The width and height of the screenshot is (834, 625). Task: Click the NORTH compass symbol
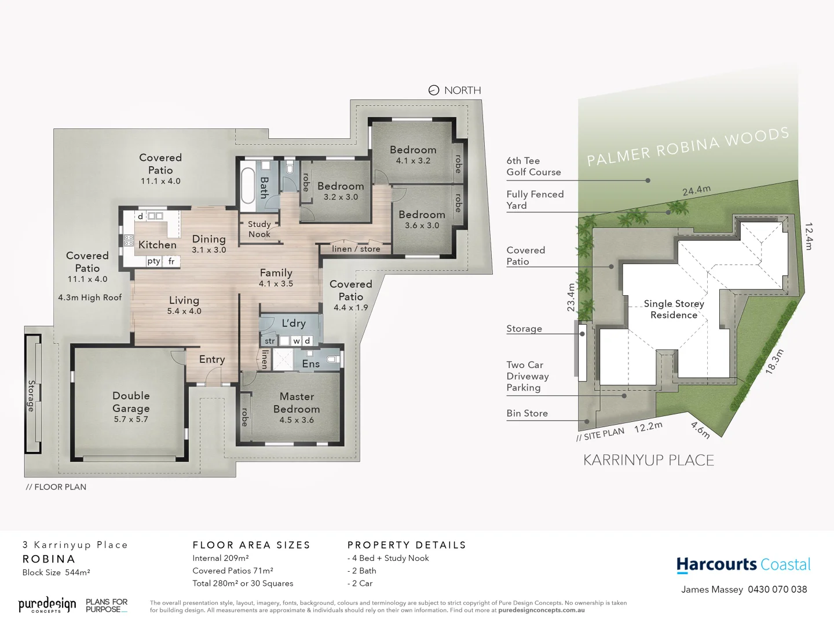tap(434, 90)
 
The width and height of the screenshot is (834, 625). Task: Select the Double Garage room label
tap(131, 402)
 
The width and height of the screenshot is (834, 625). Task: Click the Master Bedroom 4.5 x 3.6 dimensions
tap(297, 420)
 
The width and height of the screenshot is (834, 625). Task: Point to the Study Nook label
tap(259, 229)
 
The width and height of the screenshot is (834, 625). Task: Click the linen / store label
tap(356, 249)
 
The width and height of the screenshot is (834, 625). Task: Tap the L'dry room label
tap(294, 323)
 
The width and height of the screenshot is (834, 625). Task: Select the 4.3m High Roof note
tap(90, 297)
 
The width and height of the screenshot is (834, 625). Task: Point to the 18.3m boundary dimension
tap(774, 362)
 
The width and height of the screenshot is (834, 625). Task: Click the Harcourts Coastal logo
tap(744, 565)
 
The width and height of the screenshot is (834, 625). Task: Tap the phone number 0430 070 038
tap(777, 589)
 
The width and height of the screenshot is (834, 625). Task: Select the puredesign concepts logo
tap(47, 605)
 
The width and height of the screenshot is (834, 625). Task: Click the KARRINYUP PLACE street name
tap(648, 460)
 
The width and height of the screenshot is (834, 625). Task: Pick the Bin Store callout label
tap(527, 413)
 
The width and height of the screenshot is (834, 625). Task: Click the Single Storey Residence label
tap(674, 309)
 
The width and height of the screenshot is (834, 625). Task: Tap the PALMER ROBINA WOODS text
tap(687, 146)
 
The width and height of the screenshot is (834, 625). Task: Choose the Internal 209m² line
tap(221, 558)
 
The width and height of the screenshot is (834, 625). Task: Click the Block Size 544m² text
tap(56, 572)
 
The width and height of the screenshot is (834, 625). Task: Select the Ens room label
tap(310, 363)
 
